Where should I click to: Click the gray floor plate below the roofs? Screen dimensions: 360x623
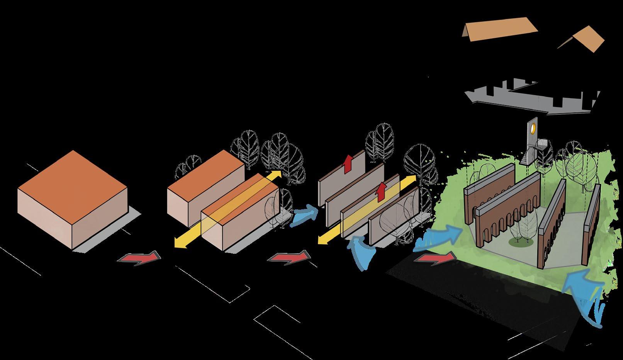[x=533, y=97]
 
